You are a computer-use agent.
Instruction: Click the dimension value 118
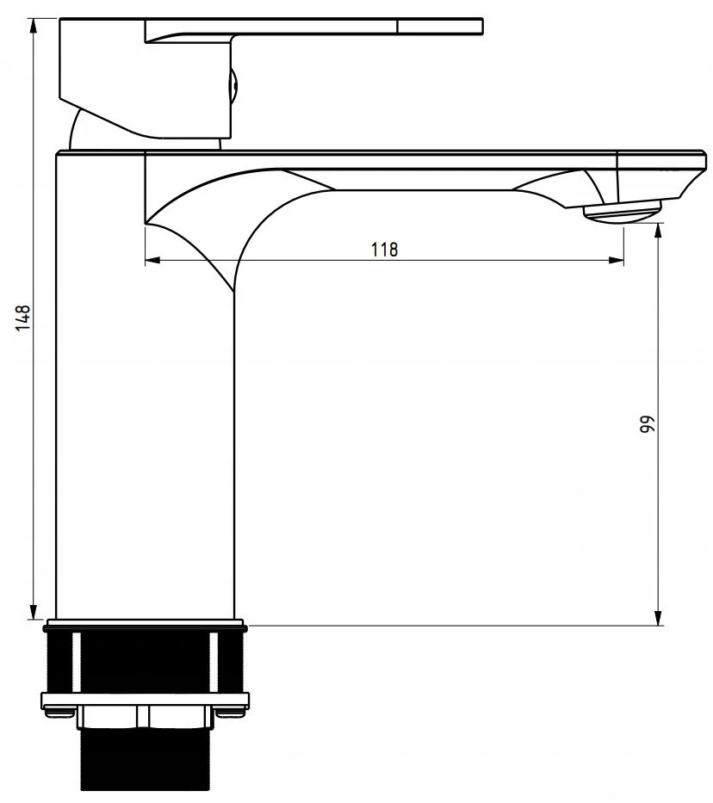[x=384, y=250]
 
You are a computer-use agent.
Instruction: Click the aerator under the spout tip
[x=622, y=211]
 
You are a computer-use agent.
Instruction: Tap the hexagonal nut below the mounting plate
[x=144, y=716]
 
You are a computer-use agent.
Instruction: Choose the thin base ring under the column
[x=144, y=623]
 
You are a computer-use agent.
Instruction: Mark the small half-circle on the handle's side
[x=233, y=86]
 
